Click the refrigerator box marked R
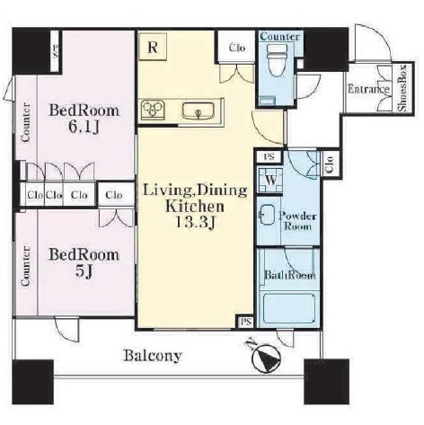pyautogui.click(x=153, y=47)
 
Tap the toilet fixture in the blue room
pyautogui.click(x=277, y=60)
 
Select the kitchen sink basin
pyautogui.click(x=198, y=111)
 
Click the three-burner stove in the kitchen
pyautogui.click(x=153, y=111)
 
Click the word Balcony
pyautogui.click(x=153, y=356)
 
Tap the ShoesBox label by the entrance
pyautogui.click(x=402, y=88)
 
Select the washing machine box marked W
pyautogui.click(x=270, y=181)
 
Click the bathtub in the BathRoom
pyautogui.click(x=289, y=308)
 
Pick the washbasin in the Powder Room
pyautogui.click(x=267, y=215)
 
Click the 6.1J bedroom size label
pyautogui.click(x=84, y=128)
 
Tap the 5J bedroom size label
pyautogui.click(x=84, y=272)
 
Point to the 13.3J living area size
pyautogui.click(x=195, y=222)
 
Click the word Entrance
pyautogui.click(x=368, y=89)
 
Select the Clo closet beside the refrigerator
pyautogui.click(x=237, y=48)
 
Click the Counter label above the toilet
pyautogui.click(x=279, y=37)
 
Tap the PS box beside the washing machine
pyautogui.click(x=269, y=156)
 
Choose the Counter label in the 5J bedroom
pyautogui.click(x=26, y=266)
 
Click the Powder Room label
pyautogui.click(x=297, y=221)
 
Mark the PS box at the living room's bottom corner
pyautogui.click(x=245, y=322)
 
